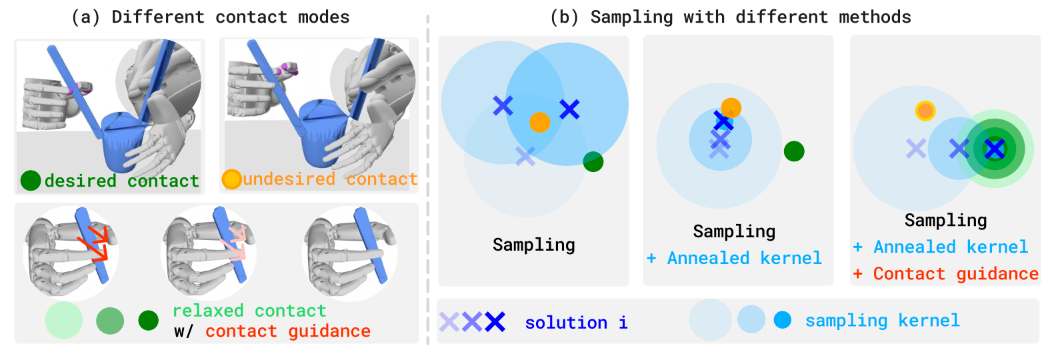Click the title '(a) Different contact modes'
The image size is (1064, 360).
pyautogui.click(x=210, y=17)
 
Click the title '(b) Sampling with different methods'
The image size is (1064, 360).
pyautogui.click(x=730, y=17)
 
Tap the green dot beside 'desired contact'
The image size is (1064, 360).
pyautogui.click(x=31, y=180)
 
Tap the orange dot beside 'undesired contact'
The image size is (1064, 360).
pyautogui.click(x=231, y=179)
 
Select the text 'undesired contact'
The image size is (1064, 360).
pyautogui.click(x=330, y=179)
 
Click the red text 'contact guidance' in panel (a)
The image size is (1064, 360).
pyautogui.click(x=287, y=331)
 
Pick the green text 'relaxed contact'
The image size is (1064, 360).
pyautogui.click(x=249, y=311)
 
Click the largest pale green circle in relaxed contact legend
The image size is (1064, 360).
pyautogui.click(x=63, y=320)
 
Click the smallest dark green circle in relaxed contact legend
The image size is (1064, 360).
pyautogui.click(x=148, y=321)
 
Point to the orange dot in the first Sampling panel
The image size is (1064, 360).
pyautogui.click(x=539, y=122)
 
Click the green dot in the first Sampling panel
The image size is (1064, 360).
pyautogui.click(x=593, y=161)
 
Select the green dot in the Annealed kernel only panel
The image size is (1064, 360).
pyautogui.click(x=793, y=151)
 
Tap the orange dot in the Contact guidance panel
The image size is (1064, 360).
pyautogui.click(x=925, y=111)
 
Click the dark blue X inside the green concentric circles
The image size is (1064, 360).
pyautogui.click(x=994, y=149)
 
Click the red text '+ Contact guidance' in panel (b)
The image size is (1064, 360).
pyautogui.click(x=945, y=274)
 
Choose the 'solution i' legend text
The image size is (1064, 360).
pyautogui.click(x=576, y=323)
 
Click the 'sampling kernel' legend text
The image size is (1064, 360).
pyautogui.click(x=882, y=321)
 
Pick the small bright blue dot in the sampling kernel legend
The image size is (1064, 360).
pyautogui.click(x=782, y=320)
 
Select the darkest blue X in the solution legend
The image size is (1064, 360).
pyautogui.click(x=495, y=322)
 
